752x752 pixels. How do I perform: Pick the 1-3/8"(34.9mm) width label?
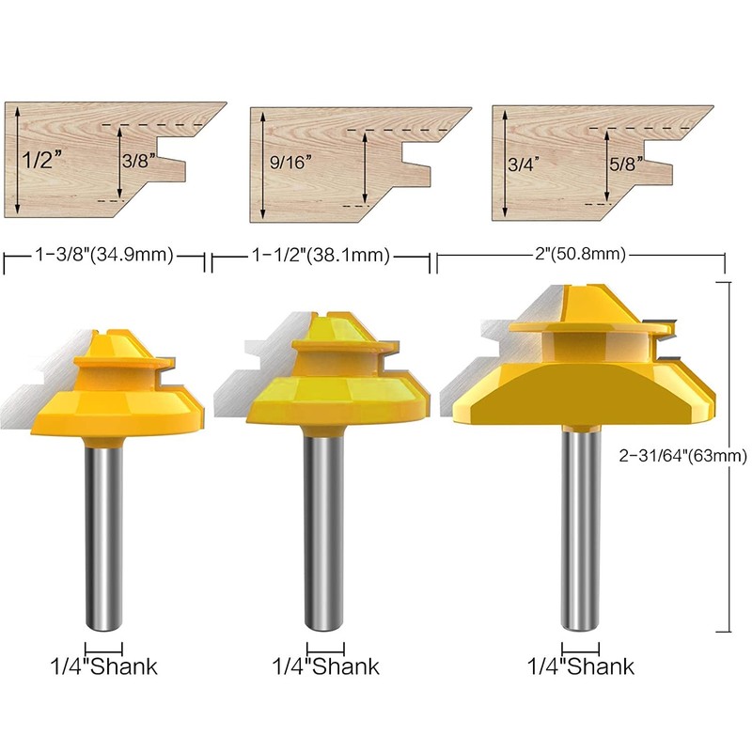pos(104,255)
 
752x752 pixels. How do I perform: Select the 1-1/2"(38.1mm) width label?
pos(321,255)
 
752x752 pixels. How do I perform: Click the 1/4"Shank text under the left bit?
pos(103,667)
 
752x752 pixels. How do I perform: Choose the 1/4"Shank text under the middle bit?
pos(325,667)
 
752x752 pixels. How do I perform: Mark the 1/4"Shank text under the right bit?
pos(580,667)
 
